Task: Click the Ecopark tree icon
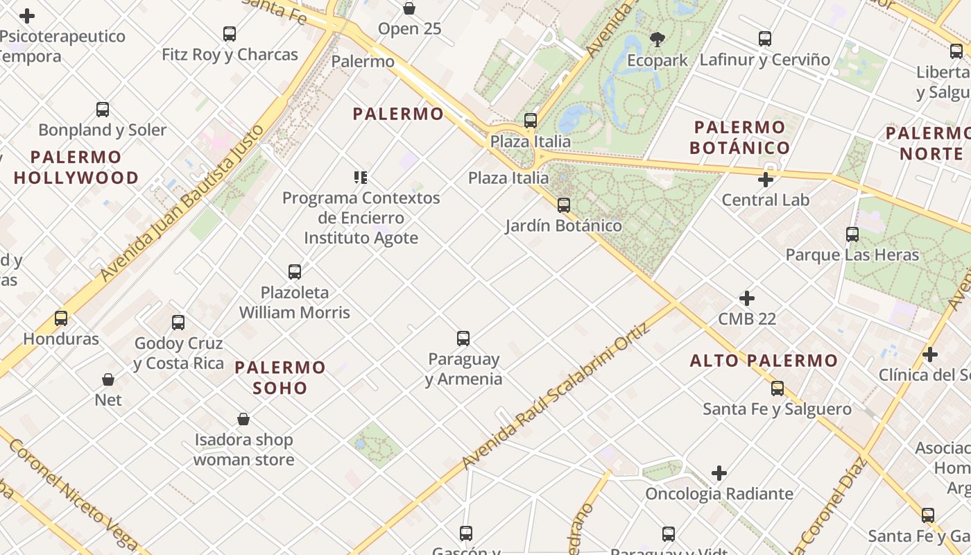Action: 658,39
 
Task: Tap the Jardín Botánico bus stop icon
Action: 564,205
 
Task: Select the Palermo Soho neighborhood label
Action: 280,377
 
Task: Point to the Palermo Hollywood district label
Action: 76,167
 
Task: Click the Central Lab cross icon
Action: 766,180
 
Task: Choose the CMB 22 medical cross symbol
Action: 747,298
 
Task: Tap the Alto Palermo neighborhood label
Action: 764,361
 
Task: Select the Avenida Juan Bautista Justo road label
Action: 182,203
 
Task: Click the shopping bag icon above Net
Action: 108,379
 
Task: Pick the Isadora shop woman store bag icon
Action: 243,419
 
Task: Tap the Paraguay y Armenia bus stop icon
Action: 463,339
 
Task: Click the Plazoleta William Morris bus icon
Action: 295,271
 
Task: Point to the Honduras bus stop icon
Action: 61,318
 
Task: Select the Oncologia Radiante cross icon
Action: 719,473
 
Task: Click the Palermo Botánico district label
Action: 740,137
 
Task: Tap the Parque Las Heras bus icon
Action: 852,234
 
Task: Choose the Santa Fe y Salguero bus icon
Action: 777,388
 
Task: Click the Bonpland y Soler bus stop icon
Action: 103,109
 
